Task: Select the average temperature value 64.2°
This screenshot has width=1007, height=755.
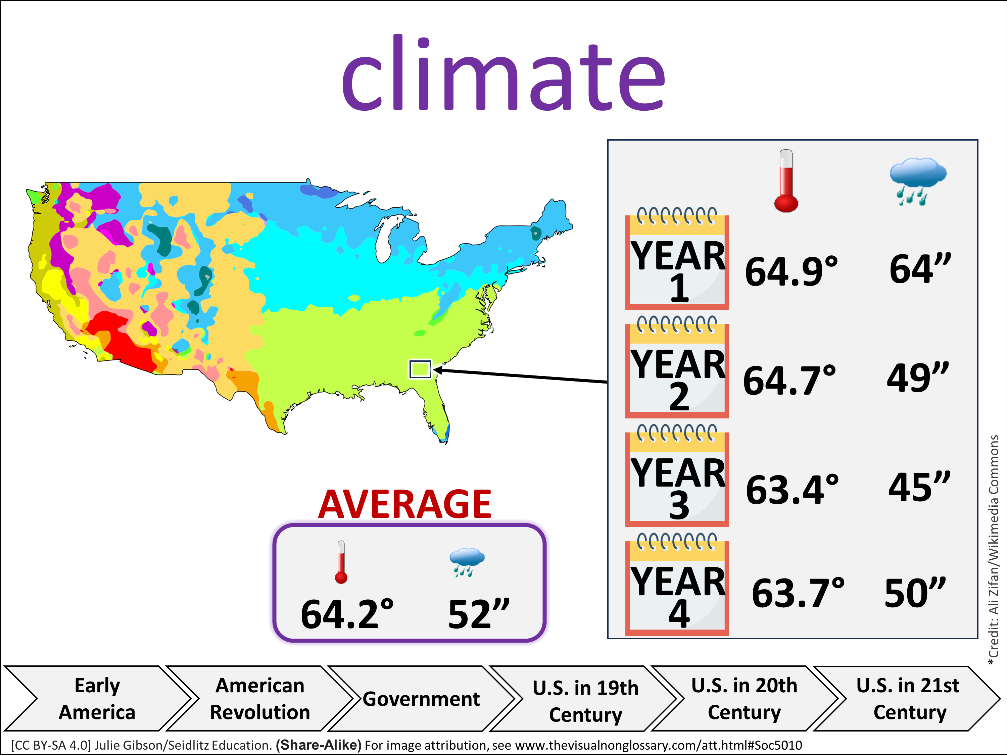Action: [347, 614]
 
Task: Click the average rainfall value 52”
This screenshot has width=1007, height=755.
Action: [478, 614]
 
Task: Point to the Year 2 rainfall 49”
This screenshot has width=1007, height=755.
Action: [917, 378]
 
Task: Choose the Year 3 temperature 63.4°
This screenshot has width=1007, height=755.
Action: [792, 490]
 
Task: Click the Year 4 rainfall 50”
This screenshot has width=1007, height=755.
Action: [915, 593]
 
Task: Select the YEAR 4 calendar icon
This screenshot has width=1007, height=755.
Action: [677, 587]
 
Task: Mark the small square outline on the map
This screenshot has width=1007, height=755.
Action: [420, 369]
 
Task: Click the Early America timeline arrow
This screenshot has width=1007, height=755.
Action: [97, 699]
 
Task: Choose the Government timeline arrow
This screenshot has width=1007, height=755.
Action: [421, 699]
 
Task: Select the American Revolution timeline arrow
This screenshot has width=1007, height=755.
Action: [260, 699]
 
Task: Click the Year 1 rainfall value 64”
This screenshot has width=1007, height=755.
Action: [920, 269]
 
